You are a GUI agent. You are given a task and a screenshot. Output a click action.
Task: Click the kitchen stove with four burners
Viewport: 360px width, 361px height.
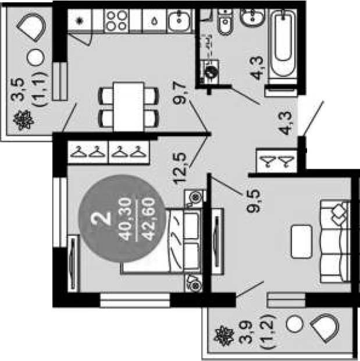click(117, 20)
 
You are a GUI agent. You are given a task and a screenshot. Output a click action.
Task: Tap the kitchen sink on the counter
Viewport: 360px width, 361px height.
click(180, 20)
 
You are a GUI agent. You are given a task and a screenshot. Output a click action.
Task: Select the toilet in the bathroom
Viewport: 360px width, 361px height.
click(225, 22)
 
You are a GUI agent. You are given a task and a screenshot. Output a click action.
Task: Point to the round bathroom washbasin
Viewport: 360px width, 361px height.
click(252, 17)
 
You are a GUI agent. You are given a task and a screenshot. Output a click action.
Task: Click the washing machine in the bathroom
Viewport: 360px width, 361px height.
click(209, 72)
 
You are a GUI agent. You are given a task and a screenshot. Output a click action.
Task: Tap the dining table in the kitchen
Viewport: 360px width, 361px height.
click(129, 107)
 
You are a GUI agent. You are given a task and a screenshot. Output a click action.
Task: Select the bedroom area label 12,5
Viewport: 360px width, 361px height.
click(180, 168)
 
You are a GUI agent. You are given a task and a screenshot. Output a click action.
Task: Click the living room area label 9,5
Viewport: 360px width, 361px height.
click(253, 201)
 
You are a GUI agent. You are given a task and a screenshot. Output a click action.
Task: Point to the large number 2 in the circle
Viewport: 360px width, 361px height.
click(101, 218)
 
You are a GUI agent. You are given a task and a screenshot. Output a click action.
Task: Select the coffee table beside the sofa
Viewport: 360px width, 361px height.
click(301, 242)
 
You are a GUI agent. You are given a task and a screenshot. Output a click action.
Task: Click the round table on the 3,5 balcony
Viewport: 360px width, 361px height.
click(35, 57)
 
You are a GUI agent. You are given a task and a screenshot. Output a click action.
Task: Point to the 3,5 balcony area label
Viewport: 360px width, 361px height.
click(17, 89)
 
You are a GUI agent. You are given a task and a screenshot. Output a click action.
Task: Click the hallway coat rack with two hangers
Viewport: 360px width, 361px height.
click(276, 161)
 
